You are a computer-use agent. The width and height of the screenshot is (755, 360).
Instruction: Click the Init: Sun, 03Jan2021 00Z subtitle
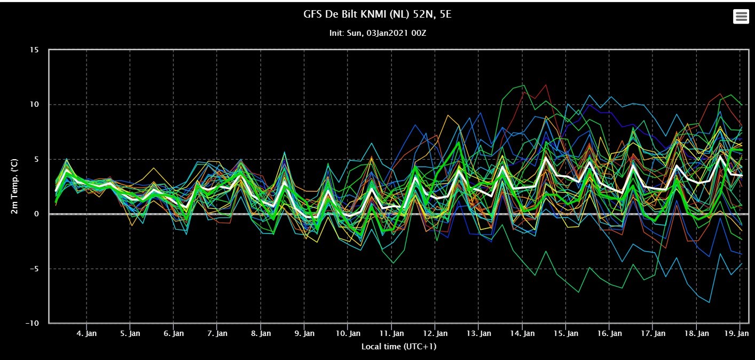coord(377,33)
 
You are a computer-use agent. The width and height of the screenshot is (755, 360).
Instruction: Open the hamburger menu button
coord(741,16)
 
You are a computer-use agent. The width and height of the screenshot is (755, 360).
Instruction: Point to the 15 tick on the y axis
coord(34,50)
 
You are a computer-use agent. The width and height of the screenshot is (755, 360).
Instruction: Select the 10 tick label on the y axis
coord(34,105)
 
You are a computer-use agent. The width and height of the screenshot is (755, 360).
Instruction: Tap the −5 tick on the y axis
coord(34,269)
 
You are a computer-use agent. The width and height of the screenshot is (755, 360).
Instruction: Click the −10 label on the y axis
coord(33,323)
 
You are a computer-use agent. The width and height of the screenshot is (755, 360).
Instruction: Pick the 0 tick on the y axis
coord(36,214)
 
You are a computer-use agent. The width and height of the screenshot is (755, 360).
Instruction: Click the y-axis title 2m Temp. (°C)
coord(14,186)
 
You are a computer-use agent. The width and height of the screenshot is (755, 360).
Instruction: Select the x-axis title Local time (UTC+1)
coord(399,347)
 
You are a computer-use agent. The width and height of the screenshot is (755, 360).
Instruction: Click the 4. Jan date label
coord(86,333)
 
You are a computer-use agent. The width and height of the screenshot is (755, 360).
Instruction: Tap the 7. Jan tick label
coord(217,333)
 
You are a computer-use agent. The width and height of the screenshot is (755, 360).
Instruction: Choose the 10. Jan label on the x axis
coord(348,333)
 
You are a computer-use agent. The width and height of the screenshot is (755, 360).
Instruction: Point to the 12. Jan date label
coord(435,333)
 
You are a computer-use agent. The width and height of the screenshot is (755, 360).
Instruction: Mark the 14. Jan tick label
coord(522,333)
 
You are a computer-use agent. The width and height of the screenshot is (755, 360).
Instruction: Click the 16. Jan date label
coord(609,333)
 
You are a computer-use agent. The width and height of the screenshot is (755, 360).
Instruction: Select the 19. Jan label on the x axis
coord(736,333)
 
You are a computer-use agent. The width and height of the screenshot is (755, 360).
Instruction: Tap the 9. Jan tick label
coord(304,333)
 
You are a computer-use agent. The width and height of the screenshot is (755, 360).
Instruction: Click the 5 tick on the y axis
coord(36,159)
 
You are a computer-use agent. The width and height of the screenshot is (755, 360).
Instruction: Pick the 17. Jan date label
coord(653,333)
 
